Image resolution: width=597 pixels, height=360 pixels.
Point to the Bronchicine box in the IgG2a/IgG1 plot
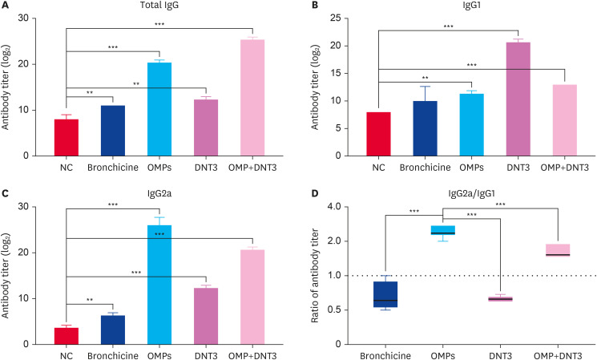coord(390,294)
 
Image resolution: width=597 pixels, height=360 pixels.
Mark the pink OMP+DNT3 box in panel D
coord(557,249)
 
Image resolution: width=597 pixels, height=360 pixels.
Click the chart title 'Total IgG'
coord(159,6)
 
